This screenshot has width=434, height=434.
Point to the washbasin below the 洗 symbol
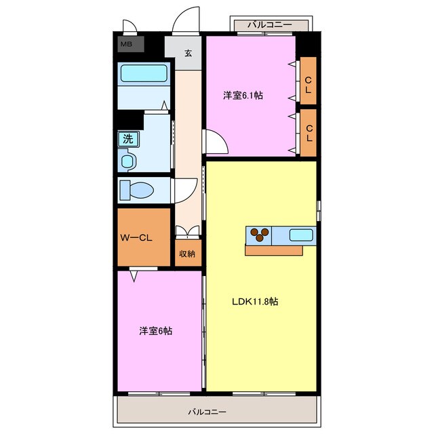[128, 161]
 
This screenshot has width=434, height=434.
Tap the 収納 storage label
[188, 254]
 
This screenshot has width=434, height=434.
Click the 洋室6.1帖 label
[243, 96]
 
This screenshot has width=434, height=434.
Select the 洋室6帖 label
[155, 331]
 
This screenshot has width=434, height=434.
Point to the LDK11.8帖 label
[254, 302]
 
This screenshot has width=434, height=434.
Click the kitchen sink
[301, 235]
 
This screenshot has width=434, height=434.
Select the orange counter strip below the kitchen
[274, 250]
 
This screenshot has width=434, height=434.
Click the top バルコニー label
[269, 25]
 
